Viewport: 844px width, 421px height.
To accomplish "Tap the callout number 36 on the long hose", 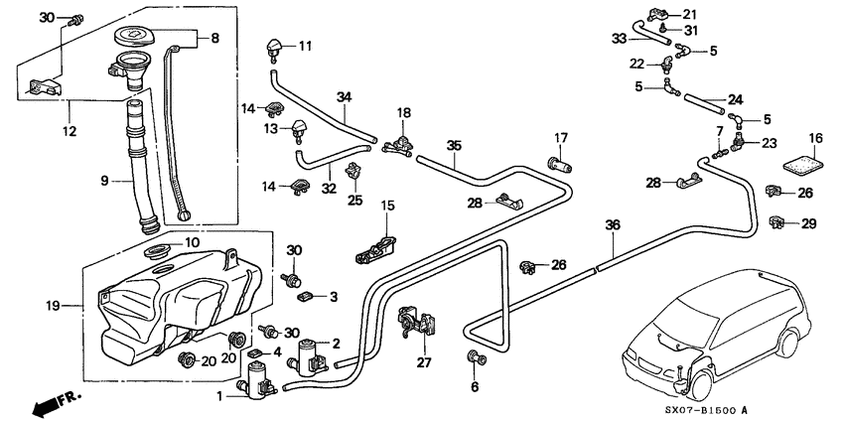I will point(613,226).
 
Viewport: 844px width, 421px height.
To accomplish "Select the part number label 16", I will point(815,138).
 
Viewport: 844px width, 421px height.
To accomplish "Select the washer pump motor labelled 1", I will point(258,380).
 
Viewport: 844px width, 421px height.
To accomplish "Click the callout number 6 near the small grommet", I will point(474,386).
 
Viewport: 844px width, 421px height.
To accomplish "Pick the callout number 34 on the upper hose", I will point(344,96).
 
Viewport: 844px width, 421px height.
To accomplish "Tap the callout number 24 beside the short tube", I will point(736,99).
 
